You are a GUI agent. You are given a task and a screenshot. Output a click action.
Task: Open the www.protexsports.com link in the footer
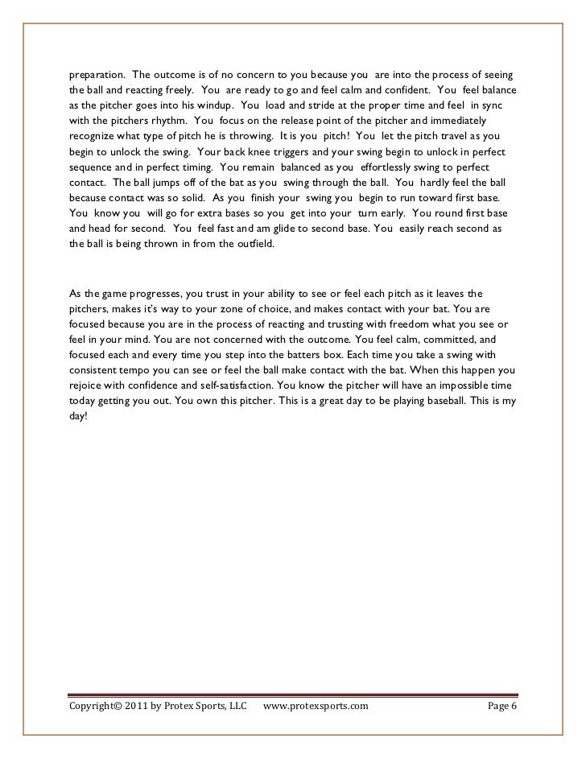click(x=316, y=706)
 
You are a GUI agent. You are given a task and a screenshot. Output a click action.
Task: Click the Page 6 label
click(x=501, y=706)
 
